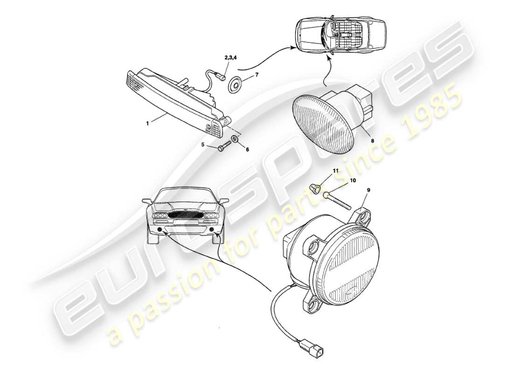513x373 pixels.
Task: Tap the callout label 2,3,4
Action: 231,58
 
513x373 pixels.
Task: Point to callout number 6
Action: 247,149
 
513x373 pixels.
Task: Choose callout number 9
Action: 368,190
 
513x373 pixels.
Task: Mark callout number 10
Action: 353,180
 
